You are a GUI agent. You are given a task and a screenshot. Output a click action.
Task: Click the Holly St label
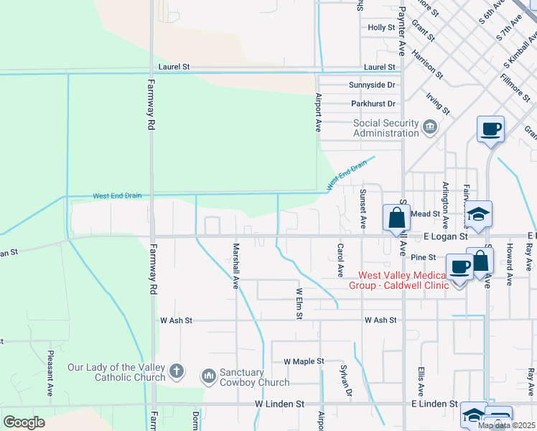381,27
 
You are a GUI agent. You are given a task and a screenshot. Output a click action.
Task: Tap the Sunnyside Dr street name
372,85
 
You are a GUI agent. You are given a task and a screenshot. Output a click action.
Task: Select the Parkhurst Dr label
373,104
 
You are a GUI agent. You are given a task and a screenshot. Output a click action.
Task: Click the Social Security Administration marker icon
430,128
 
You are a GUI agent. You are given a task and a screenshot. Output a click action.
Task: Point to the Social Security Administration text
386,128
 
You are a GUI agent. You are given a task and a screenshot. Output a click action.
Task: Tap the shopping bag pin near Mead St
396,217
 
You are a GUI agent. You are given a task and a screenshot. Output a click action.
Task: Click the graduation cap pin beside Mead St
478,213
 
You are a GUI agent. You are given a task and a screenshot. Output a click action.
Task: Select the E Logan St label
444,236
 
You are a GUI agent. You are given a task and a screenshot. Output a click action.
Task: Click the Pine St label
424,257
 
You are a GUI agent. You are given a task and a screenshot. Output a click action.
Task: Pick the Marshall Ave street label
235,265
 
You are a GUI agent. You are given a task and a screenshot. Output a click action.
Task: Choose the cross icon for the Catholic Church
177,372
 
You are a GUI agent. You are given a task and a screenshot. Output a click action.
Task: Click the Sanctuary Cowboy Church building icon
209,376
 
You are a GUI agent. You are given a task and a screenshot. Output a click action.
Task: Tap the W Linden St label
280,404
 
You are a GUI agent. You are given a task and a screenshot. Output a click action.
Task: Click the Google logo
24,422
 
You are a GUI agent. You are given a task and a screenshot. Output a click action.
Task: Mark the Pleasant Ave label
50,374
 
